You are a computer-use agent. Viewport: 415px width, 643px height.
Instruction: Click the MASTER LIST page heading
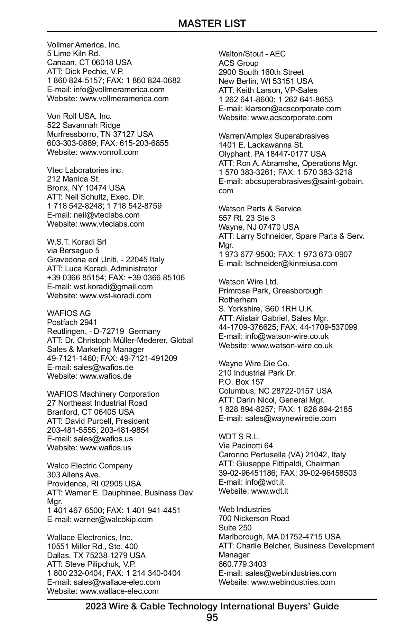(212, 24)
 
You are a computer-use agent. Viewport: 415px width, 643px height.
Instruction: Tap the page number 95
(212, 617)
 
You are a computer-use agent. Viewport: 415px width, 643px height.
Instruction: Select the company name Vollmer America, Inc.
(84, 45)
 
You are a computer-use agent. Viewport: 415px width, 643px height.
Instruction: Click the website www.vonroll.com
(109, 152)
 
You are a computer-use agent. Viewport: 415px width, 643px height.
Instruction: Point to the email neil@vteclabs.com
(107, 215)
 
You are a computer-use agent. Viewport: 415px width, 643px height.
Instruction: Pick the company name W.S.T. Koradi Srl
(77, 242)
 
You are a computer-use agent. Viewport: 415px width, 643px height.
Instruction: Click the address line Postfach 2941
(72, 322)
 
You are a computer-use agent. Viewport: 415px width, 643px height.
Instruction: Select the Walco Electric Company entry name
(90, 466)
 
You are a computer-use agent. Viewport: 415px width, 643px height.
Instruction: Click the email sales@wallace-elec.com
(117, 582)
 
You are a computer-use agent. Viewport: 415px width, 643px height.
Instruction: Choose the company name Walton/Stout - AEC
(252, 54)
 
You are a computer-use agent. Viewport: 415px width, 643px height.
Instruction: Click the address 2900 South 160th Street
(261, 72)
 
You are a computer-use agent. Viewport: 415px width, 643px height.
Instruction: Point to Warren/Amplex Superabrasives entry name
(274, 136)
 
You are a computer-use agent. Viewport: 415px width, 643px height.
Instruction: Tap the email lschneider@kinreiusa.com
(291, 263)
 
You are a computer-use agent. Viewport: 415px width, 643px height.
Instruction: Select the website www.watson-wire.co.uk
(292, 345)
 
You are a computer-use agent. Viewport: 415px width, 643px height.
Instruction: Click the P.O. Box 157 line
(241, 382)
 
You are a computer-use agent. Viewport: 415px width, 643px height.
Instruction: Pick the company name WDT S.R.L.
(239, 437)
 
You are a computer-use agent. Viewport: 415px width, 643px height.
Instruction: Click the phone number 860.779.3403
(242, 564)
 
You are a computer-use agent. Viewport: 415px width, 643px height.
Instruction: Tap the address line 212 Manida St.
(73, 179)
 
